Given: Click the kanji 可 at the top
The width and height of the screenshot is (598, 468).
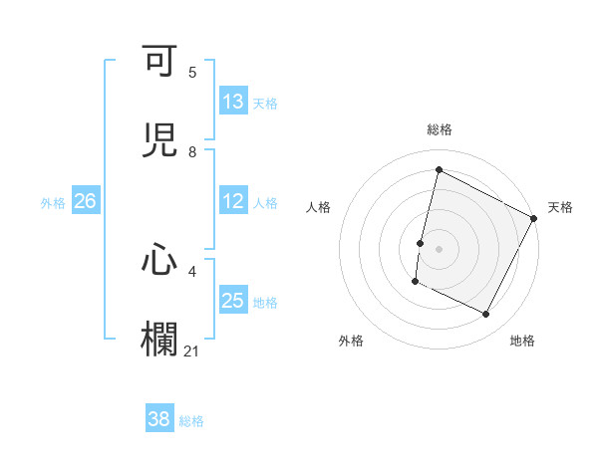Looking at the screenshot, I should tap(160, 63).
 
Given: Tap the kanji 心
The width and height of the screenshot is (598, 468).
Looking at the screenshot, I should tap(160, 261).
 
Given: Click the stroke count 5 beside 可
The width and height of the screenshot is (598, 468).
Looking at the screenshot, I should tap(192, 73).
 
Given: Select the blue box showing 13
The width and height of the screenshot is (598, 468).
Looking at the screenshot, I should tap(233, 102).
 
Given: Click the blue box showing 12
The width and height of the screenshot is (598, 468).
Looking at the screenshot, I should tap(233, 201).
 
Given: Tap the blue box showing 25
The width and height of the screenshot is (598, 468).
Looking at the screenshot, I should tap(233, 301).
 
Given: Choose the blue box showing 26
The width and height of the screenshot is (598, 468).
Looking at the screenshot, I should tap(85, 201).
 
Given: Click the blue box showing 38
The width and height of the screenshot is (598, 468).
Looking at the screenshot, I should tap(158, 419).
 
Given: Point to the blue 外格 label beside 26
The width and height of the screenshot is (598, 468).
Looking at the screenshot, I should tap(53, 202).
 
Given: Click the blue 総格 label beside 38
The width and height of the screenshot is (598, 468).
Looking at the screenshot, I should tap(192, 420).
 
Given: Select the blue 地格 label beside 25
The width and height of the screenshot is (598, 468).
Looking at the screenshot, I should tap(265, 302).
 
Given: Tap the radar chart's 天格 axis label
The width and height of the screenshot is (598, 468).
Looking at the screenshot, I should tap(560, 207).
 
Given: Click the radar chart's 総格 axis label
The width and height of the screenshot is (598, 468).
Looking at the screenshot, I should tap(439, 129).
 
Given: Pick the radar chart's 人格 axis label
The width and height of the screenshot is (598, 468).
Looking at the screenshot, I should tap(318, 207).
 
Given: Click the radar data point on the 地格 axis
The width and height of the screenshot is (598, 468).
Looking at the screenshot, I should tap(486, 315).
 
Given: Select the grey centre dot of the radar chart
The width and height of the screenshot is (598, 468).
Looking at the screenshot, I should tap(439, 248).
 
